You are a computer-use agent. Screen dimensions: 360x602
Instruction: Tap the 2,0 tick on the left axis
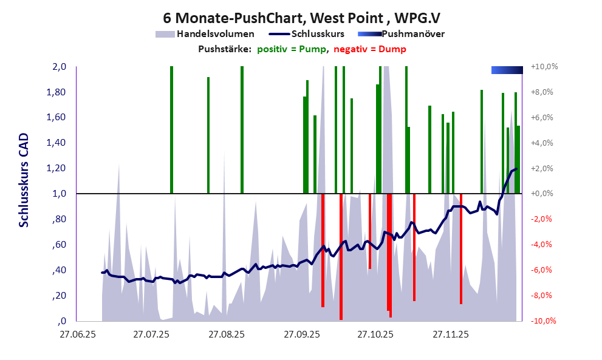[x=58, y=67]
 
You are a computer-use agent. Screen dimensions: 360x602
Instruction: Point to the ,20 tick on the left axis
[x=59, y=296]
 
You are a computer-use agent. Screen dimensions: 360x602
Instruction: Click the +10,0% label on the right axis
[x=544, y=67]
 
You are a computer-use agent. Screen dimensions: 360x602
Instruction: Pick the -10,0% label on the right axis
[x=544, y=321]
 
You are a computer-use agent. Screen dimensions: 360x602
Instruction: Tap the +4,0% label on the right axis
[x=545, y=143]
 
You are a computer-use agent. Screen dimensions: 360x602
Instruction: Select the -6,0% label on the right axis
[x=545, y=270]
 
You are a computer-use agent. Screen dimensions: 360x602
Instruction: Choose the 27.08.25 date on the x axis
[x=227, y=335]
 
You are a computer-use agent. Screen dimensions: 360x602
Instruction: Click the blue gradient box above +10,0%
[x=507, y=70]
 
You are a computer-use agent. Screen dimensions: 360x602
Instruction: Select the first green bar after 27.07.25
[x=171, y=129]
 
